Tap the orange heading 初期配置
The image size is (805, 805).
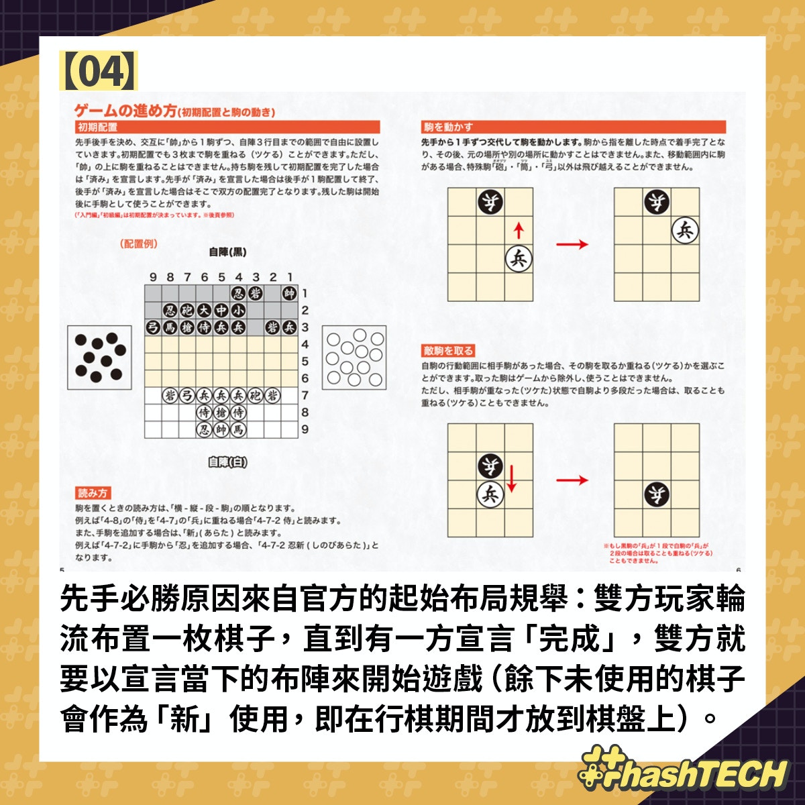point(97,127)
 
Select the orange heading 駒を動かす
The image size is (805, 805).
point(448,127)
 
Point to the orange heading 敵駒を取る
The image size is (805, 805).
point(448,351)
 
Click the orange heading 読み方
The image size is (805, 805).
point(93,493)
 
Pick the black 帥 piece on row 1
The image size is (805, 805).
point(289,293)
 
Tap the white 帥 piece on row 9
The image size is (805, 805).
point(221,429)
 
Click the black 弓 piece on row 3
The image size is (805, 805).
point(153,327)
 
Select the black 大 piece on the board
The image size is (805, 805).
point(204,311)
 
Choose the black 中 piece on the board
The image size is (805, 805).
point(221,311)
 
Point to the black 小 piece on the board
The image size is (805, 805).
point(238,311)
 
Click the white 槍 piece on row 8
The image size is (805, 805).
point(221,413)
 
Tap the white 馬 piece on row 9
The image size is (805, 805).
point(238,429)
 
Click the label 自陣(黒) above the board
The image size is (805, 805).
point(227,252)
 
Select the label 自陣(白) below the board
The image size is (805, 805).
point(227,462)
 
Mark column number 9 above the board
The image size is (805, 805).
point(153,277)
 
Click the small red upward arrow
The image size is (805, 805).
point(518,231)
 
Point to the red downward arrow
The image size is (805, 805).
point(512,478)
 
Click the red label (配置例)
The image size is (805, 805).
point(140,244)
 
